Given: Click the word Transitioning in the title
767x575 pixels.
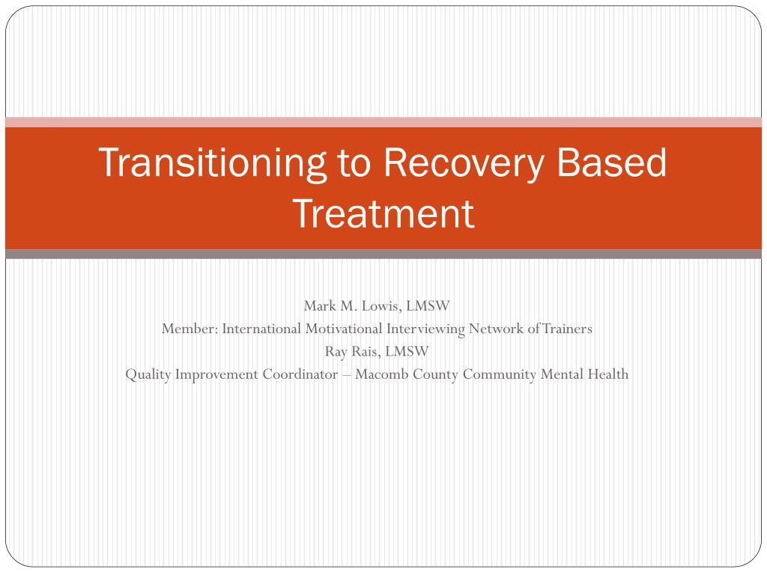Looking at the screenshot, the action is click(x=213, y=164).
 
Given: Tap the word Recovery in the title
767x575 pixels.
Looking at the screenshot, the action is click(x=463, y=164).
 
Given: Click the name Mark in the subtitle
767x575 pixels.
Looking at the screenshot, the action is click(x=320, y=306).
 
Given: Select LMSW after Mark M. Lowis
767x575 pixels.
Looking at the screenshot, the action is click(x=428, y=306).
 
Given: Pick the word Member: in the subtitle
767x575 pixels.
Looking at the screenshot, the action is click(x=190, y=329).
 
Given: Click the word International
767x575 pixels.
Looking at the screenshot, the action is click(x=261, y=329).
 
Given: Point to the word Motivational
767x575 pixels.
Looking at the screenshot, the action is click(x=344, y=329).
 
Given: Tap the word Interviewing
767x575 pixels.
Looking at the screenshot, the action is click(x=425, y=329).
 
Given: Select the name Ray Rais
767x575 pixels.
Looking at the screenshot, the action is click(x=352, y=352).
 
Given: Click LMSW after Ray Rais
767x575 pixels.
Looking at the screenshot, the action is click(x=407, y=352).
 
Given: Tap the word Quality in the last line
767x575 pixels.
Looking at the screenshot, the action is click(x=148, y=375).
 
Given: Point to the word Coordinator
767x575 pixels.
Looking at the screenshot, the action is click(x=300, y=374).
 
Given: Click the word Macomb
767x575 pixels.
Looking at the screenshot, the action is click(x=381, y=374).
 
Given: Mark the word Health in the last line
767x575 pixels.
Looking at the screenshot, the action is click(x=608, y=374).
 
